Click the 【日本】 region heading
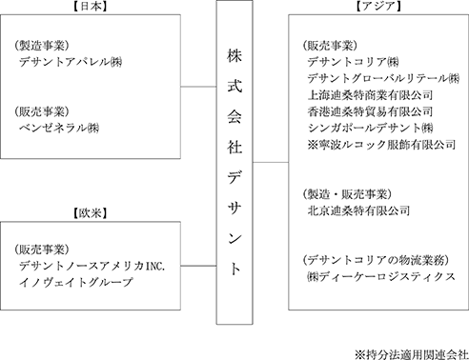(90, 7)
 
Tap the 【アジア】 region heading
(377, 7)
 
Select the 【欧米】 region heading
(90, 213)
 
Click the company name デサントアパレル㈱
(71, 62)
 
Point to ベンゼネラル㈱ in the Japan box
(59, 128)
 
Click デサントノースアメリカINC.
(92, 266)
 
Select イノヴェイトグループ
(75, 282)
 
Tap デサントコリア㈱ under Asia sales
(353, 62)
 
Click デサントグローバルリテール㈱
(383, 78)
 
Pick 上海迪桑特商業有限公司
(370, 94)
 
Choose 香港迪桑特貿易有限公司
(370, 111)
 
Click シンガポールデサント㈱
(370, 128)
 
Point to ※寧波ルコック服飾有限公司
(381, 145)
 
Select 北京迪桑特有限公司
(358, 210)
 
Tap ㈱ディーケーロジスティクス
(381, 276)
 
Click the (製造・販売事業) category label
(347, 194)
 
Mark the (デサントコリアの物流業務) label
(376, 260)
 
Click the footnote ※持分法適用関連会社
(412, 354)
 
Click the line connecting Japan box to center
(198, 87)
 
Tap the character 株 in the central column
(234, 56)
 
